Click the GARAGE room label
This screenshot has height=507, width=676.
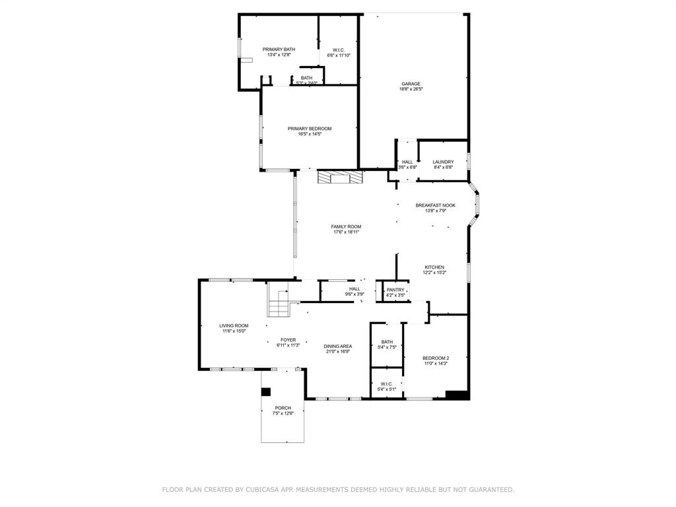[411, 84]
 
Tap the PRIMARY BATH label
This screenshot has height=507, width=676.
[279, 50]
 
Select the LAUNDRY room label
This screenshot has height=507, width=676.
[443, 162]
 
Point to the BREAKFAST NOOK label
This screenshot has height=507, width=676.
[435, 205]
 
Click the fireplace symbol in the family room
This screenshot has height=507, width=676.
[340, 178]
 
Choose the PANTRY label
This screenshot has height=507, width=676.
[395, 290]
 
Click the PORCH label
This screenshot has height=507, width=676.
[283, 408]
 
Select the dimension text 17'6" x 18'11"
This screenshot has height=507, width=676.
[346, 232]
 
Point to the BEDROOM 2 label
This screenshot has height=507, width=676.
[436, 358]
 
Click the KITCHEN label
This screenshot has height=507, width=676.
[434, 267]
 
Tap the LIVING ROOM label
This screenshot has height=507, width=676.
[234, 325]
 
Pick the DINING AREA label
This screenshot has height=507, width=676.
[337, 346]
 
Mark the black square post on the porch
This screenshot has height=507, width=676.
[266, 391]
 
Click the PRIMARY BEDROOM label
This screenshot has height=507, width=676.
[309, 129]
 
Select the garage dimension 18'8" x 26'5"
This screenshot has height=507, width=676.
[411, 90]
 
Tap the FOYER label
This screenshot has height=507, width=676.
[288, 339]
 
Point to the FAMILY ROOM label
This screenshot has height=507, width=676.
[346, 226]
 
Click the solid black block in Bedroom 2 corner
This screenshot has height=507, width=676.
[456, 395]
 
